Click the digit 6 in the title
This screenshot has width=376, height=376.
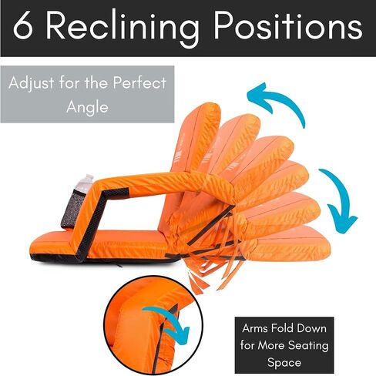point(24,26)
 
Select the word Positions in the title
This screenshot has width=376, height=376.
point(288,25)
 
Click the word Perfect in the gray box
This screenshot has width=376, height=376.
point(139,82)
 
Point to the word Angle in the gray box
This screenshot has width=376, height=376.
point(87,107)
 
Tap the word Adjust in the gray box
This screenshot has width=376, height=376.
point(32,84)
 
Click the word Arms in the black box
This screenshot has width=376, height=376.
point(254,328)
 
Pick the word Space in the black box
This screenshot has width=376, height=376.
point(284,364)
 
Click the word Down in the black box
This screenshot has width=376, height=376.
point(311,328)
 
